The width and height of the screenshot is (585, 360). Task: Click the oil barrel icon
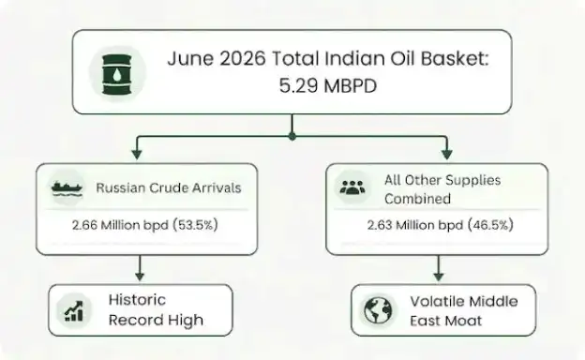pyautogui.click(x=117, y=74)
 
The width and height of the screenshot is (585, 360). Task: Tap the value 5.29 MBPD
pyautogui.click(x=328, y=86)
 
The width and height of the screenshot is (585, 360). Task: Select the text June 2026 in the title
pyautogui.click(x=217, y=58)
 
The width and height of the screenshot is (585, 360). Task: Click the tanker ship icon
pyautogui.click(x=67, y=187)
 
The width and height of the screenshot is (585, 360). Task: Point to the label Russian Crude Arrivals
pyautogui.click(x=169, y=187)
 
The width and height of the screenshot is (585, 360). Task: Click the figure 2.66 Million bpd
pyautogui.click(x=120, y=225)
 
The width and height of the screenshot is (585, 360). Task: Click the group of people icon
pyautogui.click(x=352, y=187)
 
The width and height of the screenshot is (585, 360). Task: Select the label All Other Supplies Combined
pyautogui.click(x=442, y=189)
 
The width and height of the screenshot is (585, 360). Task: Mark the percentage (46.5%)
pyautogui.click(x=490, y=225)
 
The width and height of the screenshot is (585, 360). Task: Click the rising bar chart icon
pyautogui.click(x=74, y=311)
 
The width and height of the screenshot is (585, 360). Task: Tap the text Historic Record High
pyautogui.click(x=156, y=310)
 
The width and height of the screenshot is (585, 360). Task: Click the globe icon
pyautogui.click(x=378, y=310)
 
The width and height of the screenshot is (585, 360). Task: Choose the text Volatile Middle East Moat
pyautogui.click(x=464, y=310)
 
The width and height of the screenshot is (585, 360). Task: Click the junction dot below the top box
pyautogui.click(x=292, y=137)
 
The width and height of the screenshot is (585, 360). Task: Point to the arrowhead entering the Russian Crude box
pyautogui.click(x=137, y=155)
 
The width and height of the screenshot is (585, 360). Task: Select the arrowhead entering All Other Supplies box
pyautogui.click(x=447, y=155)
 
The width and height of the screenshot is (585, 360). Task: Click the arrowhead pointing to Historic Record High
pyautogui.click(x=140, y=276)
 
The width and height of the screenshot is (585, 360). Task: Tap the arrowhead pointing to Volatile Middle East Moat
pyautogui.click(x=439, y=276)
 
